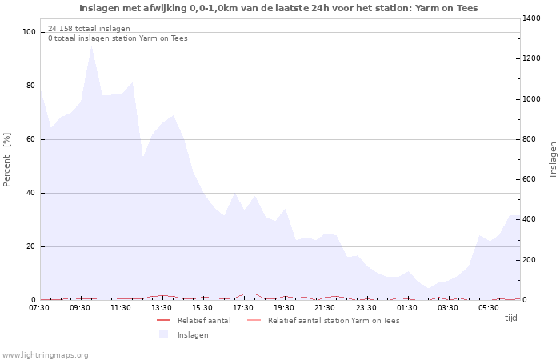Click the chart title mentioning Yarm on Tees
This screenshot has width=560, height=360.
(x=278, y=8)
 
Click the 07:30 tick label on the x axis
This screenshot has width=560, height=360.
(x=39, y=307)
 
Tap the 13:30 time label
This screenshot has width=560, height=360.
(x=162, y=307)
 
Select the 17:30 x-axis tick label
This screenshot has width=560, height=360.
(x=243, y=307)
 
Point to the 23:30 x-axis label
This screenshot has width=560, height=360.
(x=366, y=307)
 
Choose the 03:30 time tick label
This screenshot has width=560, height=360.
(x=447, y=307)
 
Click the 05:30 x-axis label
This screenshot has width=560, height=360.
(x=488, y=307)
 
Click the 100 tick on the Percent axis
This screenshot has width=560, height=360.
(x=29, y=32)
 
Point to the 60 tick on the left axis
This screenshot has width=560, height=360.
(x=31, y=139)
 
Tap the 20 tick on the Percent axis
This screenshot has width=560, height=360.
(x=31, y=246)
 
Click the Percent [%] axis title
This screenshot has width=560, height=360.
(x=7, y=159)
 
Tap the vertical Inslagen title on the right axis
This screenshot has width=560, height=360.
(x=553, y=159)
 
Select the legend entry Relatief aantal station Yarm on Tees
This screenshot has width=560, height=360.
(x=333, y=320)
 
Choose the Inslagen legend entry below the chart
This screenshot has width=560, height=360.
(x=192, y=334)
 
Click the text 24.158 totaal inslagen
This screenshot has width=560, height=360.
(x=89, y=28)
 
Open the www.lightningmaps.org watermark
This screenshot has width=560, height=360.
(x=45, y=354)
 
